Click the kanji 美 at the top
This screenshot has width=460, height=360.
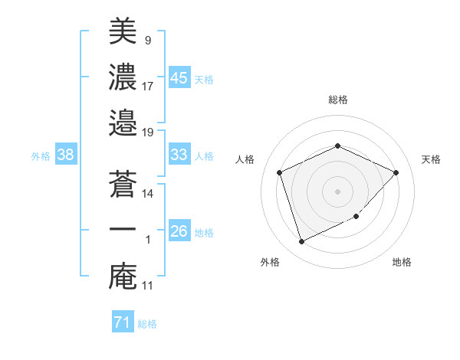click(123, 32)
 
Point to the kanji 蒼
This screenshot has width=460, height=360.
click(123, 184)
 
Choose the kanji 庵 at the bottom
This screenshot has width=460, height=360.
click(123, 275)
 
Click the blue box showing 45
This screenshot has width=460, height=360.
click(179, 77)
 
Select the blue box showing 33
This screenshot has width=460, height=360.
click(179, 155)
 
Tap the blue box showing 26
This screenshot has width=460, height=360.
click(179, 231)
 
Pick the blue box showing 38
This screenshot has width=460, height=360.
click(65, 155)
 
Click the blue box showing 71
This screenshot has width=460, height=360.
click(122, 322)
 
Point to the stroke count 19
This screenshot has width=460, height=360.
click(148, 132)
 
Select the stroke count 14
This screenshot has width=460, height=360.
click(148, 194)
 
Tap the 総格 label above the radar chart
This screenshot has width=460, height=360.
click(337, 100)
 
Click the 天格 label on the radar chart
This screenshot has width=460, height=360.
click(431, 159)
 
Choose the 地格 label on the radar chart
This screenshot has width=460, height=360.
click(402, 262)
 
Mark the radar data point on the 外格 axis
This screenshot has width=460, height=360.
click(301, 242)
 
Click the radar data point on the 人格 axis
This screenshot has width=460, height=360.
click(280, 172)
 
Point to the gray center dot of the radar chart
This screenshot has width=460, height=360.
click(337, 191)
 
